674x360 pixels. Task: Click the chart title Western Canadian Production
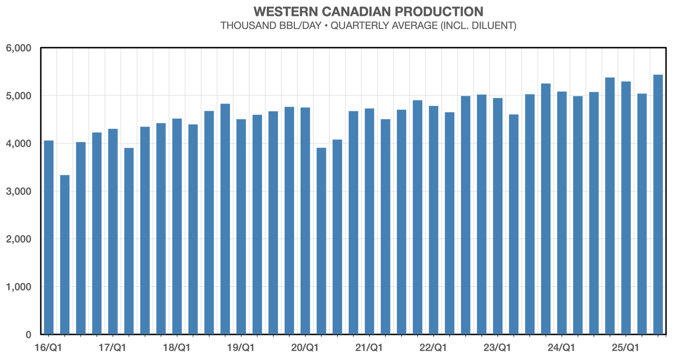pos(368,12)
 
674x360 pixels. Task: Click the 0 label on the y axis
pos(28,335)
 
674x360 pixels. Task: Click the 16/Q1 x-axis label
pos(49,347)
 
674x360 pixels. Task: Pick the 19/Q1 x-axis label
pos(241,347)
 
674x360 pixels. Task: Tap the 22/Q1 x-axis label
pos(433,347)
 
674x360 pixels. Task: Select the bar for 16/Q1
pos(49,238)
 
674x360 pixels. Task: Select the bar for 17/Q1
pos(113,231)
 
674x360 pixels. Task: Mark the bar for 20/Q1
pos(305,221)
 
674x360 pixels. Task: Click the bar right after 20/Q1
pos(321,241)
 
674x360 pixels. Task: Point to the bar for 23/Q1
pos(498,216)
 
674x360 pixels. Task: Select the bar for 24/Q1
pos(562,213)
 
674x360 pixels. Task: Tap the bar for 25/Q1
pos(626,208)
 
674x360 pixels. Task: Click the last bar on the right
pos(658,205)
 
